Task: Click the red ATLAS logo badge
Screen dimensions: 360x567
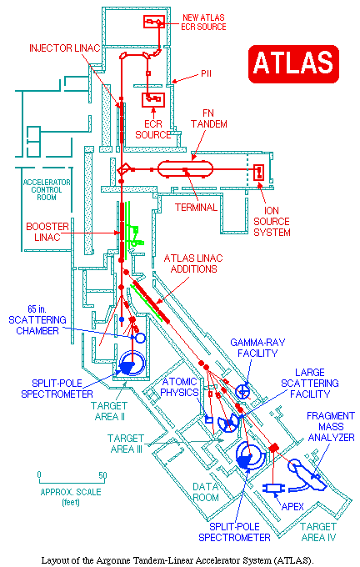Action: (x=293, y=63)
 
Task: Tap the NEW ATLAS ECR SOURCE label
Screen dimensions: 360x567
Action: (x=203, y=22)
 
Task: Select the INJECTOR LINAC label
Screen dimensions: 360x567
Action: (x=65, y=48)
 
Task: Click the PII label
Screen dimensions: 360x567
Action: (x=206, y=73)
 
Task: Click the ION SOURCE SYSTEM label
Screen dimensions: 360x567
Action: (x=272, y=221)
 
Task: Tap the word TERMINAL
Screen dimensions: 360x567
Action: (x=197, y=207)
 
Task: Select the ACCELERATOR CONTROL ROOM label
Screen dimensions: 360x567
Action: (x=47, y=189)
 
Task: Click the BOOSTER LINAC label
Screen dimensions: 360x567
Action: (x=47, y=232)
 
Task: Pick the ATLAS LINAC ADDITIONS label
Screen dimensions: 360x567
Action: (x=193, y=263)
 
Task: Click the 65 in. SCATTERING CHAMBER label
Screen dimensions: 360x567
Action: (x=37, y=320)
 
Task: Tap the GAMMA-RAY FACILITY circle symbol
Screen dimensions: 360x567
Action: (x=242, y=391)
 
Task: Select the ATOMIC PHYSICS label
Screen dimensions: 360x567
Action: (x=179, y=387)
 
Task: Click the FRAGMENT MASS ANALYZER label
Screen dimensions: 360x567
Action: (x=331, y=427)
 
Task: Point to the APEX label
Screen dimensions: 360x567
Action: (x=292, y=507)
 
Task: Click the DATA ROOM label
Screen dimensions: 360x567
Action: (x=205, y=492)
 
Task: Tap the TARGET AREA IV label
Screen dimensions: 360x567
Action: (x=318, y=532)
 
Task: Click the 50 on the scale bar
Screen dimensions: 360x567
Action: (x=103, y=475)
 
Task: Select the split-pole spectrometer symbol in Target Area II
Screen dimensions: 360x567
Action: (x=132, y=364)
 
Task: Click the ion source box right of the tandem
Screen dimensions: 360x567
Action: (x=259, y=172)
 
